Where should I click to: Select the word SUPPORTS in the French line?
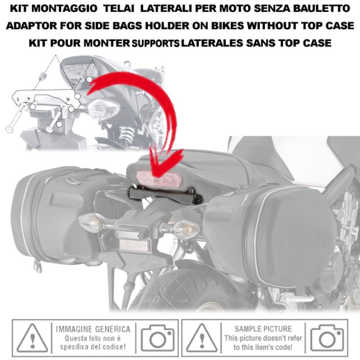(156, 43)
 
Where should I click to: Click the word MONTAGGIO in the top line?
(64, 8)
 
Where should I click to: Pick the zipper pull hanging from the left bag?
(38, 265)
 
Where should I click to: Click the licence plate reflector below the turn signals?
(135, 245)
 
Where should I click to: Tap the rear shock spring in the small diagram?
(126, 135)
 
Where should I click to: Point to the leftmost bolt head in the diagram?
(9, 129)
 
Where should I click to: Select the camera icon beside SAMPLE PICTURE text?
(327, 338)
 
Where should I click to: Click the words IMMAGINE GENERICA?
(93, 329)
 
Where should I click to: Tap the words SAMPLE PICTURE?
(263, 329)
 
